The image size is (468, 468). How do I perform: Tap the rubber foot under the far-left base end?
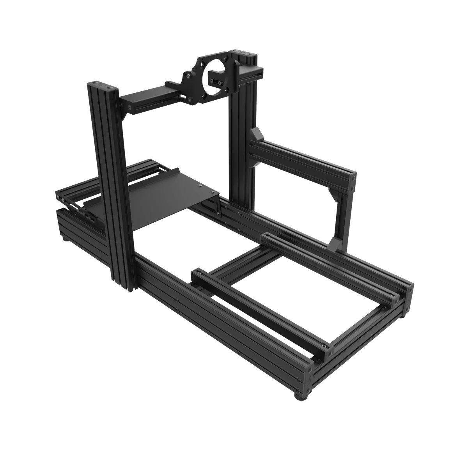tap(66, 236)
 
